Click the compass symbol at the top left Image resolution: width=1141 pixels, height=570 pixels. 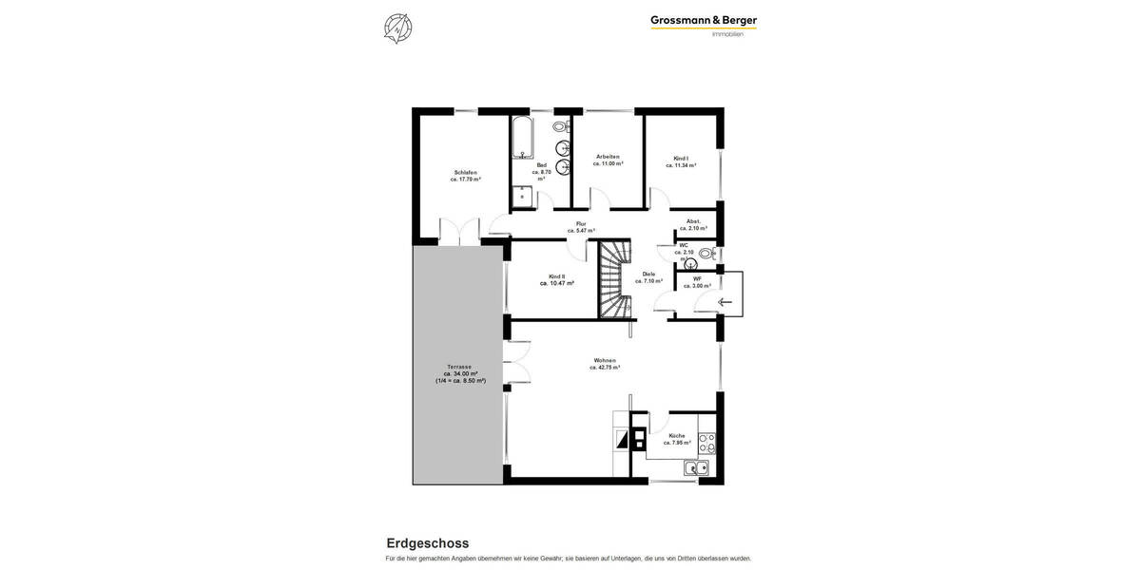[x=397, y=28]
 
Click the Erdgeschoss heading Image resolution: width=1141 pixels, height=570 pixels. [x=427, y=543]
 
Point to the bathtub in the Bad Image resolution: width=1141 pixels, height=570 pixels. [x=522, y=138]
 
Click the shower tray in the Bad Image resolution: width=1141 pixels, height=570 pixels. [x=524, y=198]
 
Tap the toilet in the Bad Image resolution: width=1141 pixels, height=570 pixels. [x=560, y=126]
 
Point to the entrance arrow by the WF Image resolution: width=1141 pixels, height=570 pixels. [x=727, y=302]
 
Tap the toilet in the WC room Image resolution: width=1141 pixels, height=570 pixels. [x=706, y=254]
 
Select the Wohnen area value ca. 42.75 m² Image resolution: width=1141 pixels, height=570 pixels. [x=605, y=368]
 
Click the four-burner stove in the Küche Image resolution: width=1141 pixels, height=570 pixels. [x=706, y=443]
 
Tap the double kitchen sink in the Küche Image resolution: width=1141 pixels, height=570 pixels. [x=696, y=467]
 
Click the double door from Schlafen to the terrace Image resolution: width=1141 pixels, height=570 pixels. [x=459, y=232]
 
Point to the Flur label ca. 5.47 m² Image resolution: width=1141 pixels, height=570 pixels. [x=581, y=227]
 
